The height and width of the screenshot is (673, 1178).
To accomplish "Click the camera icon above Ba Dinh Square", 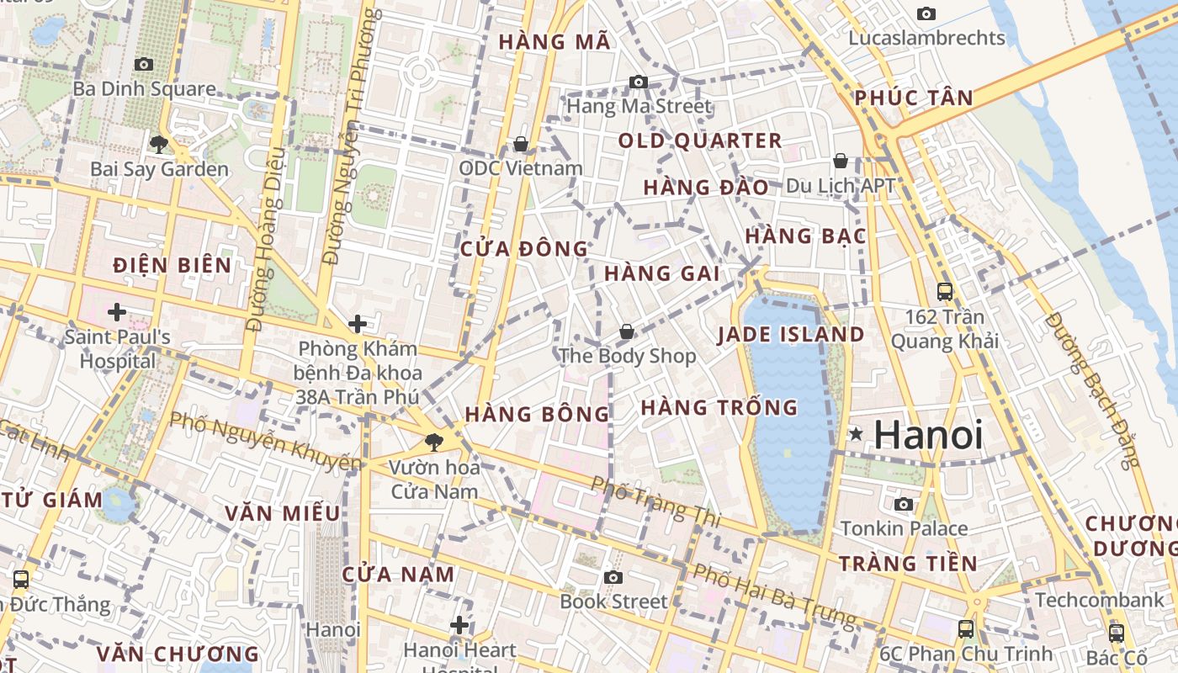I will [144, 64].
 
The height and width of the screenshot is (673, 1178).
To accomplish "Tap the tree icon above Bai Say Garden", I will [159, 144].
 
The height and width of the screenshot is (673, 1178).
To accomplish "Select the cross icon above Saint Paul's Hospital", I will [117, 313].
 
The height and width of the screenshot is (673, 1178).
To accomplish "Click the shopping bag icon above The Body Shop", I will [626, 331].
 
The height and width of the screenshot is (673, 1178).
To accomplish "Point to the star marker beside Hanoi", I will [856, 434].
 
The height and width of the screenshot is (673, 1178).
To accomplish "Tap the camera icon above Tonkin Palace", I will [904, 504].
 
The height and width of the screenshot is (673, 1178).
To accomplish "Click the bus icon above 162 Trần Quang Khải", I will [945, 292].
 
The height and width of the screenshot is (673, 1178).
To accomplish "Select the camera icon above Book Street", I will [613, 577].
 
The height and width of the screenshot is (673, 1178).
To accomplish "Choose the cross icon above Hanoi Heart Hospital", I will [459, 625].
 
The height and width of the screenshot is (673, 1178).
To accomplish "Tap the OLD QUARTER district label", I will [700, 140].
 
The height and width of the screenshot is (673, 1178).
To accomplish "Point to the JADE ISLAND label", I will [790, 335].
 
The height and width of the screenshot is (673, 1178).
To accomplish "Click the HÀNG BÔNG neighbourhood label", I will [537, 414].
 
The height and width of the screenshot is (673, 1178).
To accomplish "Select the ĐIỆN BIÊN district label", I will [172, 266].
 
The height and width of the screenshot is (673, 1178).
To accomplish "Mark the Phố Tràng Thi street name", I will [655, 502].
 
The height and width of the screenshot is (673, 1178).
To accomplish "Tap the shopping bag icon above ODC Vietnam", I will [521, 144].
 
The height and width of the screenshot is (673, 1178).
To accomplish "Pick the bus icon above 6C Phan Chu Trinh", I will [966, 628].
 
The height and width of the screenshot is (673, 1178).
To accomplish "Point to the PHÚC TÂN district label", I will [914, 98].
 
